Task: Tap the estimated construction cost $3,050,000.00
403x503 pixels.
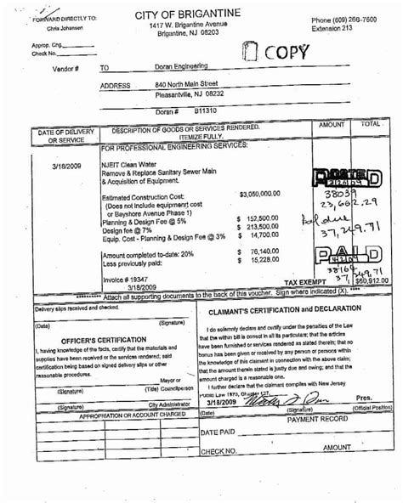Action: point(266,194)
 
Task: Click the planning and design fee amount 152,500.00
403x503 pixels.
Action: point(263,218)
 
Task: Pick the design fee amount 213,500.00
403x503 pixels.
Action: point(263,227)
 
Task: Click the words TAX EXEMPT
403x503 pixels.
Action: point(304,282)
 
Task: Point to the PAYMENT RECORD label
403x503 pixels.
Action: point(317,420)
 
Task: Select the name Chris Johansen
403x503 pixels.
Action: point(54,28)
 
